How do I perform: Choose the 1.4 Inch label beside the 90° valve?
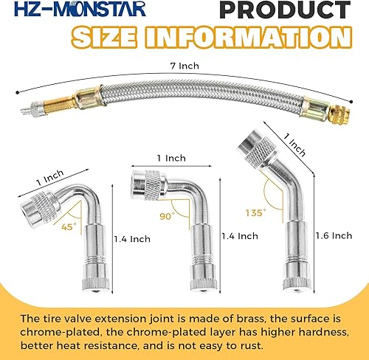[239, 236]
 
